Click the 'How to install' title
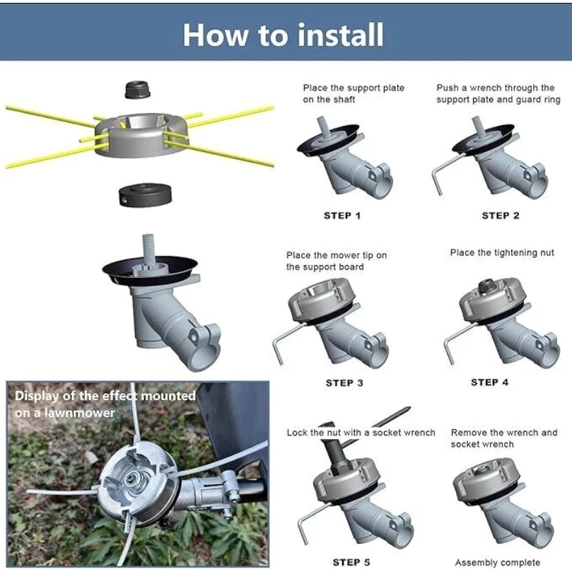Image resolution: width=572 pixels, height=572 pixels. pyautogui.click(x=283, y=35)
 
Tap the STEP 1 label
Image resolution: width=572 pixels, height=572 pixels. pyautogui.click(x=342, y=216)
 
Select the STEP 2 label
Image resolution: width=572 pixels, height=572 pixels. pyautogui.click(x=501, y=216)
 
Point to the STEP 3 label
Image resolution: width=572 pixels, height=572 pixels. pyautogui.click(x=344, y=383)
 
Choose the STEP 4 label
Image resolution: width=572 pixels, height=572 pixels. pyautogui.click(x=489, y=382)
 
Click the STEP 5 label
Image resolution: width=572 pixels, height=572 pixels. pyautogui.click(x=351, y=562)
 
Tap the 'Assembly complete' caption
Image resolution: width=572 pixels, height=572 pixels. pyautogui.click(x=498, y=562)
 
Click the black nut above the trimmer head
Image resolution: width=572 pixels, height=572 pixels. pyautogui.click(x=138, y=90)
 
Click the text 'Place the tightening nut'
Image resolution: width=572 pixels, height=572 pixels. pyautogui.click(x=502, y=252)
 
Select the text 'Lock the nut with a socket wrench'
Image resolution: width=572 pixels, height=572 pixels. pyautogui.click(x=361, y=433)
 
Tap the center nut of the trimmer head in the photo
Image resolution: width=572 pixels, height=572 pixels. pyautogui.click(x=132, y=479)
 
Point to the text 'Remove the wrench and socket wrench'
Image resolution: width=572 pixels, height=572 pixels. pyautogui.click(x=504, y=438)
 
